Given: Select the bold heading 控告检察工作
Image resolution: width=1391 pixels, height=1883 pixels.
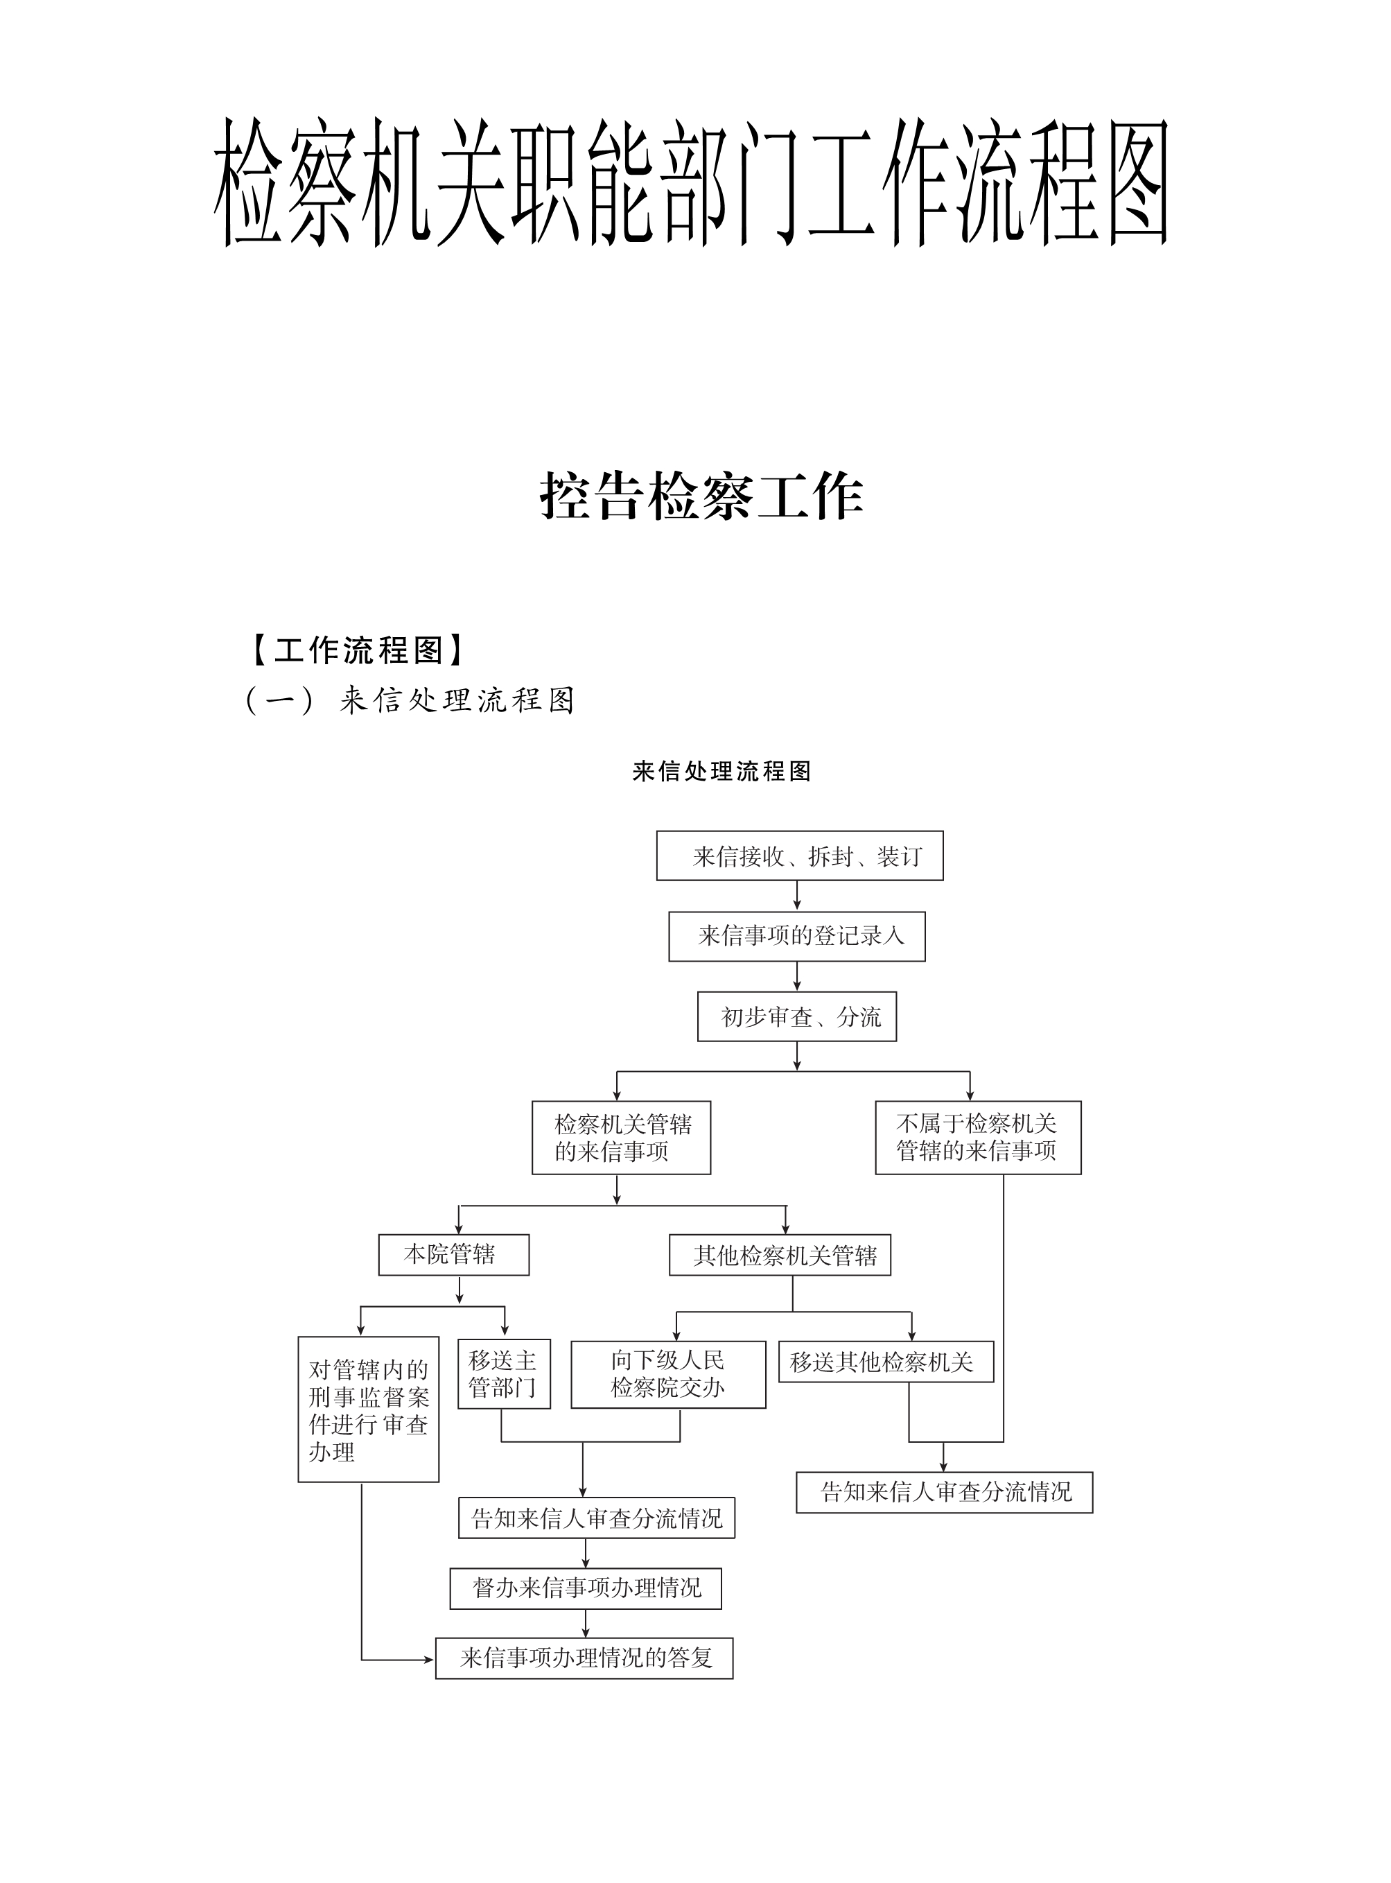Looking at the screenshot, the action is coord(701,496).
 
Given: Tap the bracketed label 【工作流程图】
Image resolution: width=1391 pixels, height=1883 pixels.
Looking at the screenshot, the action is coord(358,650).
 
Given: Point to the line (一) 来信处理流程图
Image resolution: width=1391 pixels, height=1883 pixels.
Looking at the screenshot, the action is coord(410,700).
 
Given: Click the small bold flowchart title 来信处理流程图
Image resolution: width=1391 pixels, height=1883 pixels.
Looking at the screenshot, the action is coord(721,772).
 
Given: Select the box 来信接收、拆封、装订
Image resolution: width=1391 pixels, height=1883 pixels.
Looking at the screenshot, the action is coord(800,856).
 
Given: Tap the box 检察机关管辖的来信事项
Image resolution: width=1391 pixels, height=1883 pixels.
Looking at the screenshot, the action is coord(622,1138).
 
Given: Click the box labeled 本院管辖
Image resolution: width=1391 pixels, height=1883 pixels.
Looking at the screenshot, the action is coord(454,1255).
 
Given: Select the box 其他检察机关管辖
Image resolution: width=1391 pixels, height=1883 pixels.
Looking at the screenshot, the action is coord(780,1255).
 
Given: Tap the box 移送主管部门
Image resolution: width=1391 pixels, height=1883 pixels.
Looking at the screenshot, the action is coord(505,1373).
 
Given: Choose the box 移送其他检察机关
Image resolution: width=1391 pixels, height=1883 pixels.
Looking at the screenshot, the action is coord(886,1362).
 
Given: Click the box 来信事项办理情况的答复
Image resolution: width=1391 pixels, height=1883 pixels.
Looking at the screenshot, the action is coord(584,1658).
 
